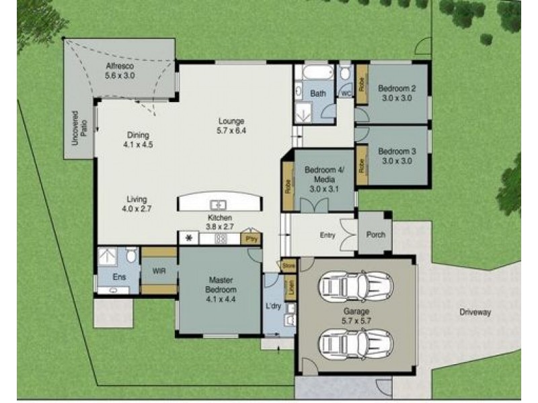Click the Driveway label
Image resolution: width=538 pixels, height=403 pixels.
point(475,312)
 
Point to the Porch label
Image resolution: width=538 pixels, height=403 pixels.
point(375,235)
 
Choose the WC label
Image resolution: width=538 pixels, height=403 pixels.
point(346,93)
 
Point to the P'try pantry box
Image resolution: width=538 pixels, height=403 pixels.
point(252,238)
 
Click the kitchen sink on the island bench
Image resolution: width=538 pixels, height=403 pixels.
point(219,204)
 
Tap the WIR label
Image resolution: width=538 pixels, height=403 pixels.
point(159,271)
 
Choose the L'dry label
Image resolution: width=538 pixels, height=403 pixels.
point(273,306)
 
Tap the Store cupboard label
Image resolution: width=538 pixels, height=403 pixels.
point(289,266)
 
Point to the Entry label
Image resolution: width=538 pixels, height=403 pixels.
point(328,235)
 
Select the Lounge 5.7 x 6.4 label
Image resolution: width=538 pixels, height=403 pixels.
point(231,126)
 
